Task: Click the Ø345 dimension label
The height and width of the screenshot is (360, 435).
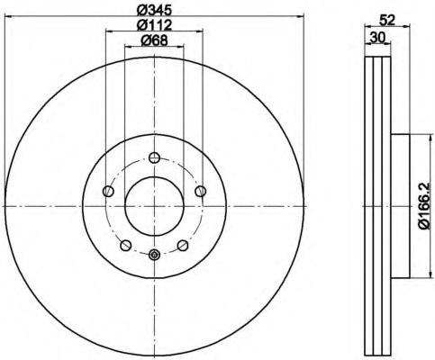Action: pyautogui.click(x=154, y=10)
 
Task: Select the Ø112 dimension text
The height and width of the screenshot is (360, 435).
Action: pyautogui.click(x=154, y=25)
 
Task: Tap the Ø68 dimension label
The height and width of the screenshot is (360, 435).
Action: pyautogui.click(x=154, y=40)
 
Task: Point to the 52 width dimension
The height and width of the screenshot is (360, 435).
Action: pyautogui.click(x=386, y=21)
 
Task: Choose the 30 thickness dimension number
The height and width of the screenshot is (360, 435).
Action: pyautogui.click(x=377, y=38)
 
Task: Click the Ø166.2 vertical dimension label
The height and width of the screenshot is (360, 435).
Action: pyautogui.click(x=425, y=206)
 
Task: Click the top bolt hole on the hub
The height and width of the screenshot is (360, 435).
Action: pyautogui.click(x=154, y=157)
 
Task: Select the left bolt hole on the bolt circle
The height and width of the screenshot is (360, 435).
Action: pyautogui.click(x=108, y=191)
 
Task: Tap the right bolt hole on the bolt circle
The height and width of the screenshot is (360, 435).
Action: pyautogui.click(x=201, y=191)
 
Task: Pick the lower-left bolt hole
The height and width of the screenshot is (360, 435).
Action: pyautogui.click(x=126, y=245)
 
